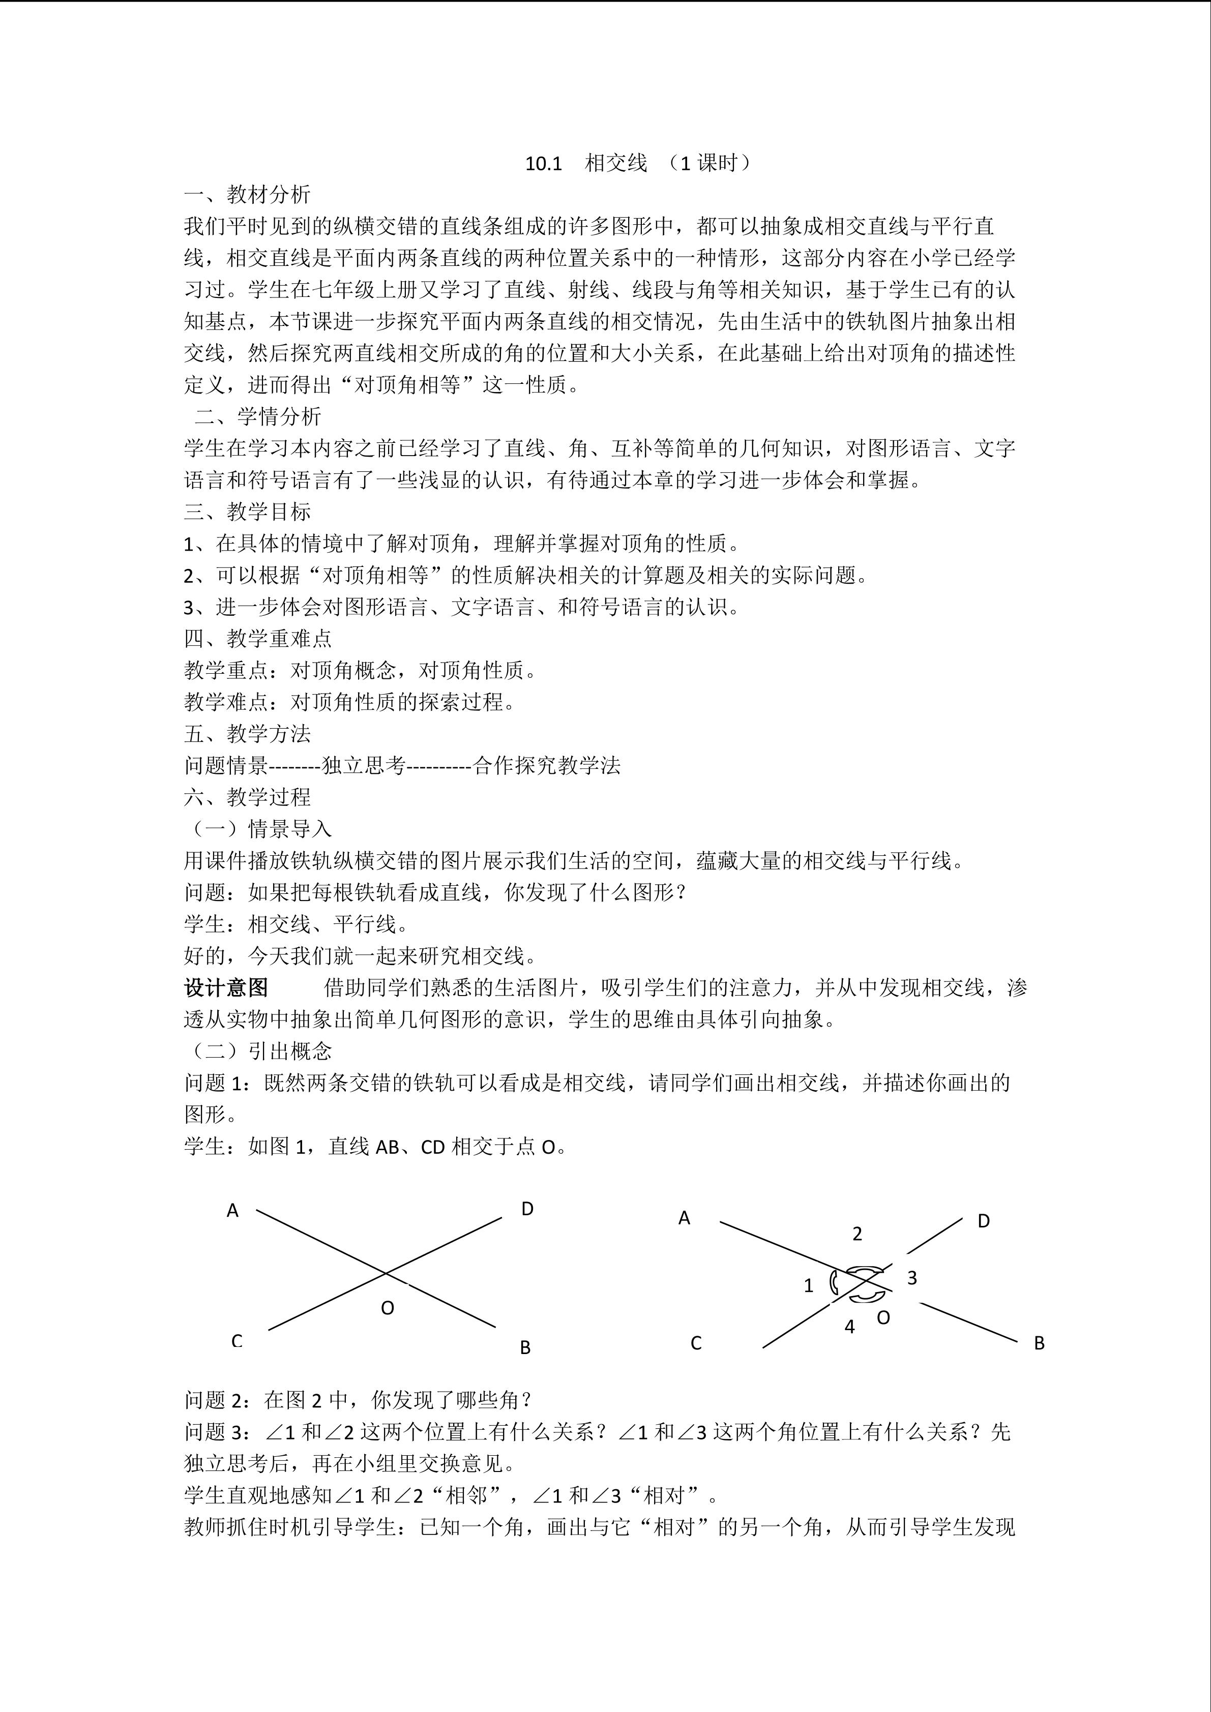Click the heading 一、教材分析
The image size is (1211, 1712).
tap(247, 195)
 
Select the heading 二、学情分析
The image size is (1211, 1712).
tap(257, 416)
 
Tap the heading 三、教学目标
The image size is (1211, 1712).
tap(247, 512)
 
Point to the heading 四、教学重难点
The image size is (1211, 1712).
tap(257, 638)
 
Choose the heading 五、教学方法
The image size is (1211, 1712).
tap(247, 734)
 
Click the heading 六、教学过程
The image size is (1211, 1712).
tap(247, 797)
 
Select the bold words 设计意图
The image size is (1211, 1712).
tap(226, 988)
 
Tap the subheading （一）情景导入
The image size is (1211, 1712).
tap(257, 829)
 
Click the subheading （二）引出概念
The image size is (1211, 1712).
tap(257, 1052)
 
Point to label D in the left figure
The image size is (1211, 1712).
tap(527, 1209)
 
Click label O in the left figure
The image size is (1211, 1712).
tap(387, 1308)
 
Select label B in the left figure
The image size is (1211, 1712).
tap(525, 1347)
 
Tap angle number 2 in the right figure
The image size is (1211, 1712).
tap(857, 1234)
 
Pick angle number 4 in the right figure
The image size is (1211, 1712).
tap(849, 1327)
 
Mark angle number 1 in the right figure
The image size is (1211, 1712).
tap(808, 1285)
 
